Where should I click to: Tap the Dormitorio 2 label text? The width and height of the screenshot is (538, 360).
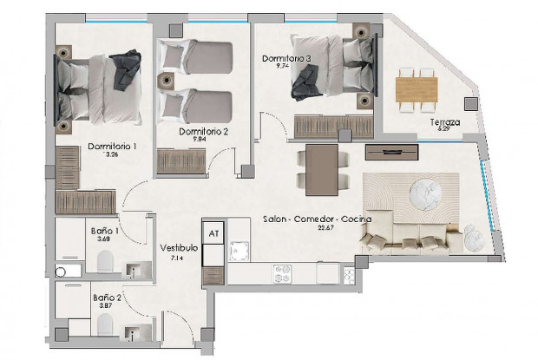pos(203,132)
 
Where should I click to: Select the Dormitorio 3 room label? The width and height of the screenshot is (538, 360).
pos(285,59)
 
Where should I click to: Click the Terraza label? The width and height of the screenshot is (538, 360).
pos(445,122)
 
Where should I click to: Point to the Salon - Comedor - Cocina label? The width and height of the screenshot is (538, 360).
pos(317,219)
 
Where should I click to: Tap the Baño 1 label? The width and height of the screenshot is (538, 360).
pos(105,232)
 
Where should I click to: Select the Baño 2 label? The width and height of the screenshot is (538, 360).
pos(106,297)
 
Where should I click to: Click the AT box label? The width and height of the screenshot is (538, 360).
pos(213,232)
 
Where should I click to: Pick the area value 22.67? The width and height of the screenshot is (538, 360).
pos(325,228)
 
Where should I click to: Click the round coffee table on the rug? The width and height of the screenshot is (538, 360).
pos(425,191)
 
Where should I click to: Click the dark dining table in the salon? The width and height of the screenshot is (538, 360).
pos(322,167)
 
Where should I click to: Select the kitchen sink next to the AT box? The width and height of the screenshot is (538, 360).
pos(238,251)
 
